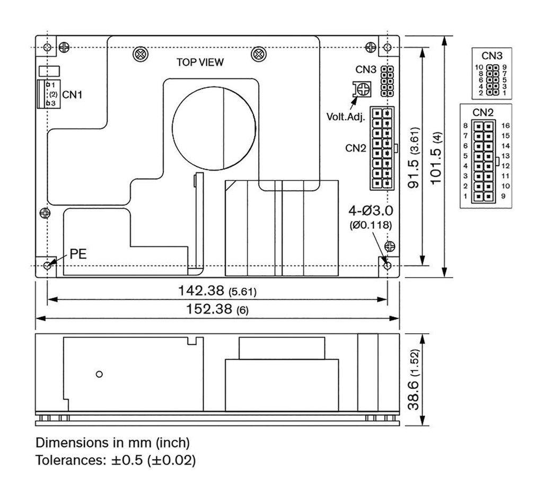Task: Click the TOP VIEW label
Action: [x=200, y=62]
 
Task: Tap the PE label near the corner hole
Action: [x=77, y=254]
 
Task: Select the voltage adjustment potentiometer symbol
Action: [x=361, y=90]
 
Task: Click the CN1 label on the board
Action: [x=73, y=94]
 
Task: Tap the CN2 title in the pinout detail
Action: [x=483, y=112]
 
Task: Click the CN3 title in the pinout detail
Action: [x=492, y=56]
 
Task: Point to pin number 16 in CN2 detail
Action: [x=505, y=126]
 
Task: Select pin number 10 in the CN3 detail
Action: [x=478, y=67]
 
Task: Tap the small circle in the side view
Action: [x=99, y=374]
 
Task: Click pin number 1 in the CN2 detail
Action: [x=465, y=197]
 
